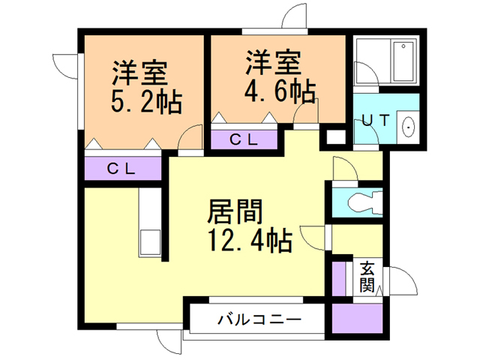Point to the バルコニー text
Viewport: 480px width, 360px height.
(x=259, y=319)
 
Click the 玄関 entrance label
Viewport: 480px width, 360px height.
(x=367, y=277)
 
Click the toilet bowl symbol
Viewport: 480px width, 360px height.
(x=364, y=201)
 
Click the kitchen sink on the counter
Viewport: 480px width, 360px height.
(x=148, y=242)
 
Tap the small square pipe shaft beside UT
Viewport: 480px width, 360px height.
(x=335, y=137)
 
